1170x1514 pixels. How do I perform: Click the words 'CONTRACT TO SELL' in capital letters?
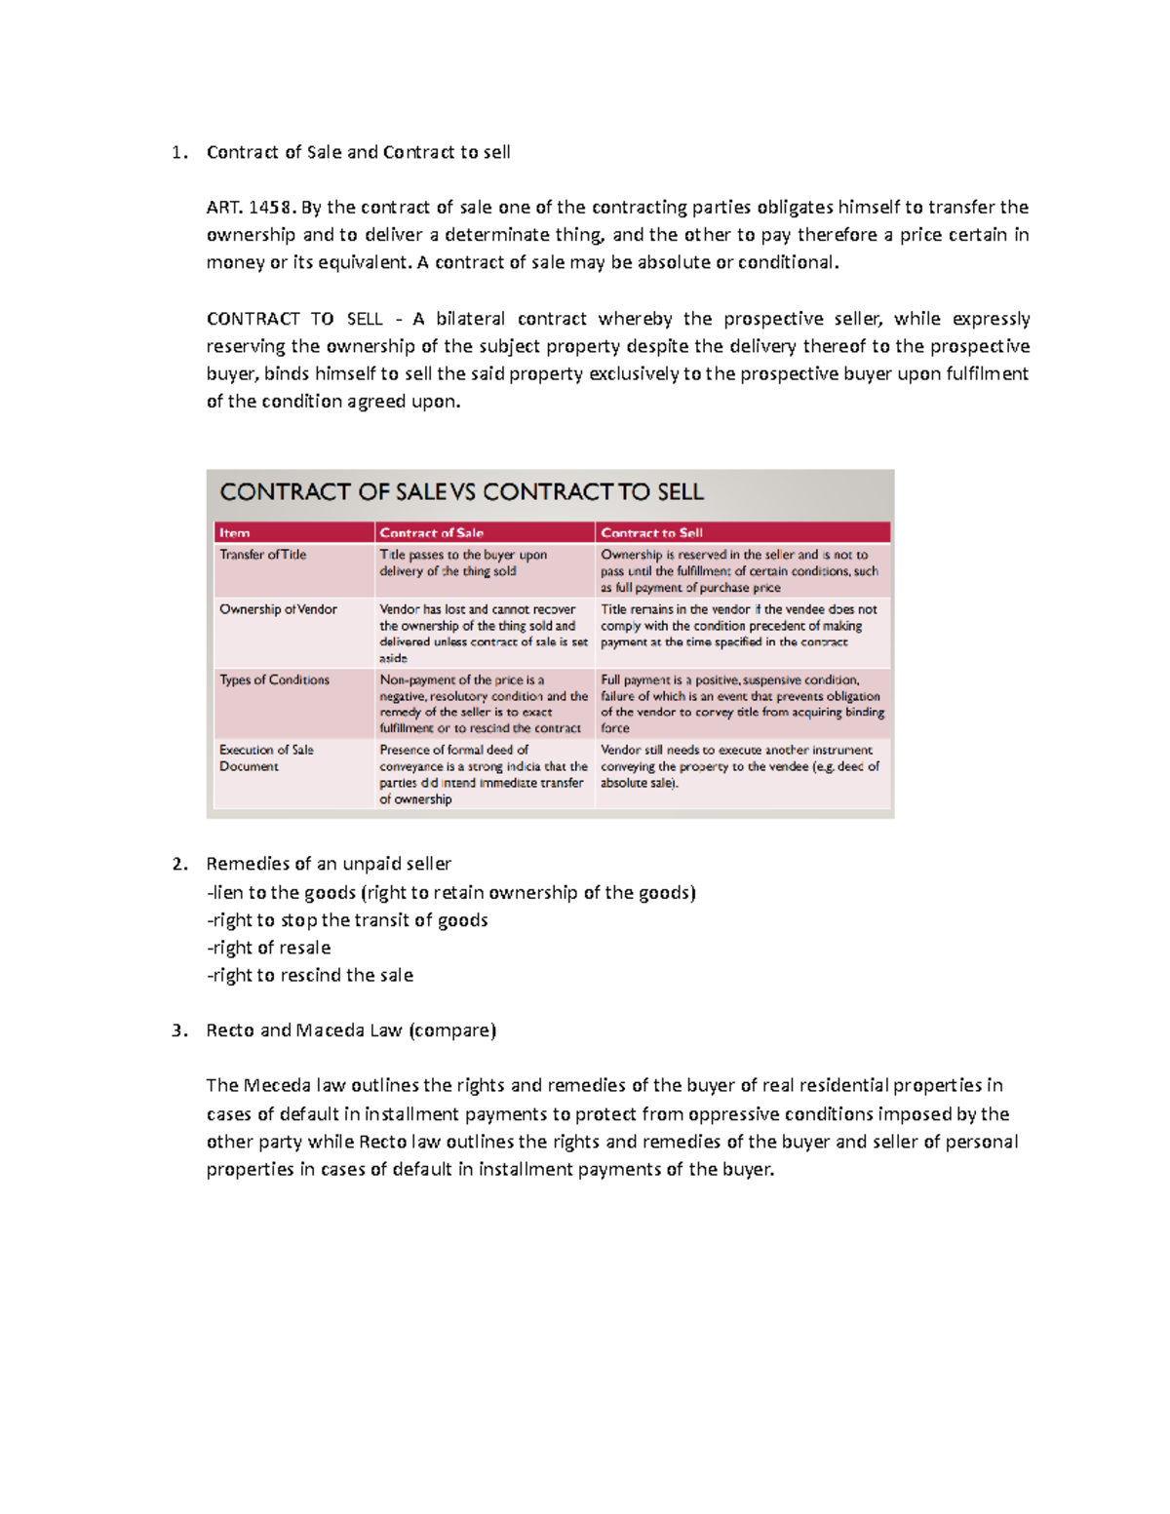[x=294, y=319]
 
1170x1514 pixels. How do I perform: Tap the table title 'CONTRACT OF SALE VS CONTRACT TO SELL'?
[x=461, y=492]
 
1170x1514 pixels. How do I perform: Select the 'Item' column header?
[x=234, y=532]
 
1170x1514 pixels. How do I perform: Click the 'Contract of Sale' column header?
[x=431, y=532]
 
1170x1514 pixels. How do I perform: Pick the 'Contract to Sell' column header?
[x=651, y=532]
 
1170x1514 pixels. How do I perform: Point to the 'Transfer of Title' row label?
[x=262, y=555]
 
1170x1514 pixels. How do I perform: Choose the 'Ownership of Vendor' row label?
[x=278, y=609]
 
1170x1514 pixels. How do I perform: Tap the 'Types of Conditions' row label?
[x=274, y=679]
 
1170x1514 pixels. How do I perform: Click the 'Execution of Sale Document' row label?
[x=266, y=757]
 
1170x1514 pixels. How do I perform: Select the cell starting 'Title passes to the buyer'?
[x=463, y=563]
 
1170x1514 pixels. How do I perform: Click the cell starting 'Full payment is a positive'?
[x=741, y=704]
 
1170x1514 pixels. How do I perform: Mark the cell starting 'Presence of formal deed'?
[x=483, y=774]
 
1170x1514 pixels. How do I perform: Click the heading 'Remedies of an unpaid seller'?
[x=329, y=864]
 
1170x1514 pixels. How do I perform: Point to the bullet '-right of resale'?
[x=268, y=948]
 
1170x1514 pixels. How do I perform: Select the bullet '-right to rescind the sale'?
[x=309, y=975]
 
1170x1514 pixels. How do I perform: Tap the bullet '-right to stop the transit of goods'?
[x=347, y=920]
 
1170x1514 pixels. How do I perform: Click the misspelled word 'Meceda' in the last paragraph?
[x=276, y=1085]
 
